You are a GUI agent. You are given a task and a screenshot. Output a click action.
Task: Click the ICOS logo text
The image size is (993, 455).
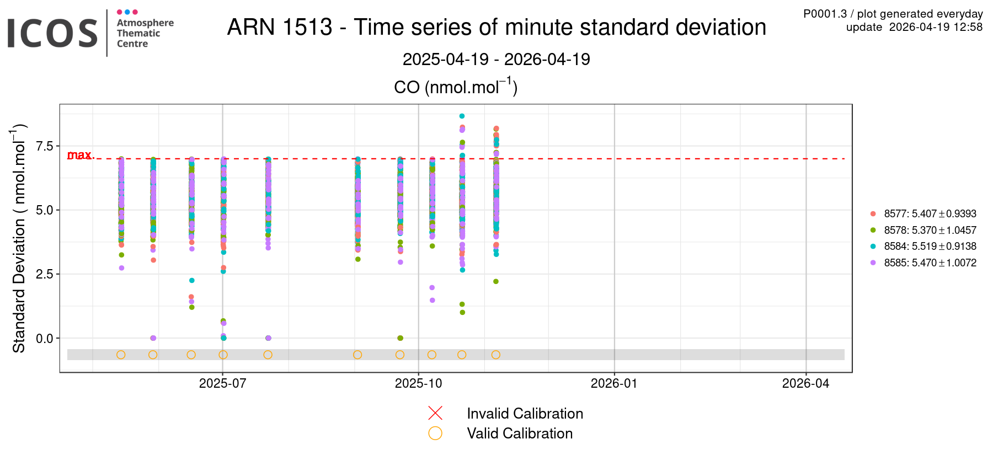click(52, 33)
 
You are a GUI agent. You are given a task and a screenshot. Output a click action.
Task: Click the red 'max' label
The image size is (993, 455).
click(79, 156)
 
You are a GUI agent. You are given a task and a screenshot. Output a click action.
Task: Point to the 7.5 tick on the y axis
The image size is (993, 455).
click(45, 146)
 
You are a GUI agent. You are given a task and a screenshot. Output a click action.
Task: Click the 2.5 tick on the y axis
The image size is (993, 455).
click(45, 274)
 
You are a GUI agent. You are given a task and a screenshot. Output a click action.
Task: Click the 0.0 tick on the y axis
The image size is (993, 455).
click(45, 338)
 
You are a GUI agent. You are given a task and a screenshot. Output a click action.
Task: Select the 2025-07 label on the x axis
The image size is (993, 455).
click(222, 384)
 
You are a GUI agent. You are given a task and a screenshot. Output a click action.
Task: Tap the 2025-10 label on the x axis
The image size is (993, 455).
click(418, 384)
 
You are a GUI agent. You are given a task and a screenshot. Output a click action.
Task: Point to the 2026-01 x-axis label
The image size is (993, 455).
click(614, 384)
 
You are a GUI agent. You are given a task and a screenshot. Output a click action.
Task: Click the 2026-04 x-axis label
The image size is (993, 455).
click(805, 384)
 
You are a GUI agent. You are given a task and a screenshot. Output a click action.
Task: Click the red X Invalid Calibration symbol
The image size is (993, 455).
click(435, 413)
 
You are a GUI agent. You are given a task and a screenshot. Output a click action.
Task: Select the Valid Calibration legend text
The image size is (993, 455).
click(520, 433)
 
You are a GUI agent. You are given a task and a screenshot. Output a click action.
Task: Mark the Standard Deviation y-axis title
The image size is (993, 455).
click(19, 238)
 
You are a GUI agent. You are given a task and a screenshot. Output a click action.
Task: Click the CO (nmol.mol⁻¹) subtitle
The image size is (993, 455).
click(456, 87)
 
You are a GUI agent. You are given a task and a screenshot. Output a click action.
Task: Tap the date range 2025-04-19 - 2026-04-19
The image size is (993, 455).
click(496, 59)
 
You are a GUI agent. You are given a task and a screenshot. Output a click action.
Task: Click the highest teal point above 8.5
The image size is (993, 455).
click(462, 116)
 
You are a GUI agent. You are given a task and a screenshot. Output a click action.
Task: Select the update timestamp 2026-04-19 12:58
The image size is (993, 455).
click(914, 27)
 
